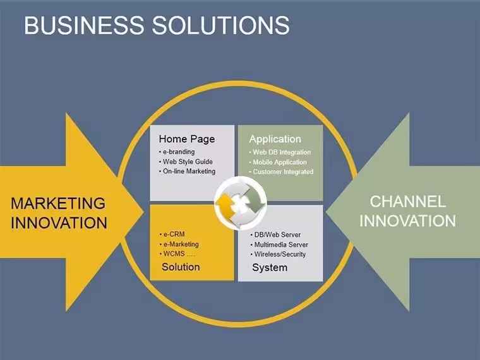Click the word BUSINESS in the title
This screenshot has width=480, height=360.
(x=84, y=25)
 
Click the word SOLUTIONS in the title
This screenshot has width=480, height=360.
(x=220, y=25)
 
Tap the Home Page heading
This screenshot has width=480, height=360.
(x=187, y=139)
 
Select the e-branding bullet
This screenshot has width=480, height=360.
(x=177, y=152)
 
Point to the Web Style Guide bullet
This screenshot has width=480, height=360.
(x=186, y=162)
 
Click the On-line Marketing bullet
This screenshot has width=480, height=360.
(x=187, y=171)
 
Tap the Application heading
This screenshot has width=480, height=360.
(x=275, y=139)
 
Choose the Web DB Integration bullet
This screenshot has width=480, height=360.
(x=280, y=152)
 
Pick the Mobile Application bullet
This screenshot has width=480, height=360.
(x=278, y=162)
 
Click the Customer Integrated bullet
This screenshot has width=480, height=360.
(x=281, y=172)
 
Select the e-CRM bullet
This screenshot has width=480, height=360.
(x=172, y=234)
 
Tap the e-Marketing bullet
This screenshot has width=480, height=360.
(x=179, y=244)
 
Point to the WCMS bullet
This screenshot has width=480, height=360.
(x=177, y=254)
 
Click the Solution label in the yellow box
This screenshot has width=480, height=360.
(x=181, y=267)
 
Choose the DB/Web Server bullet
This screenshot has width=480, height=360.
(x=275, y=235)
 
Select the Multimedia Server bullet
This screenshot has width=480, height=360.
(x=279, y=244)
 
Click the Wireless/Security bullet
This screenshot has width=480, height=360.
(x=278, y=254)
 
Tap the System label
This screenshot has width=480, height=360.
(x=270, y=268)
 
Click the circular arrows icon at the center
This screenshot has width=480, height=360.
(x=240, y=203)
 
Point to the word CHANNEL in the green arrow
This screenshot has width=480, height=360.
(x=408, y=201)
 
